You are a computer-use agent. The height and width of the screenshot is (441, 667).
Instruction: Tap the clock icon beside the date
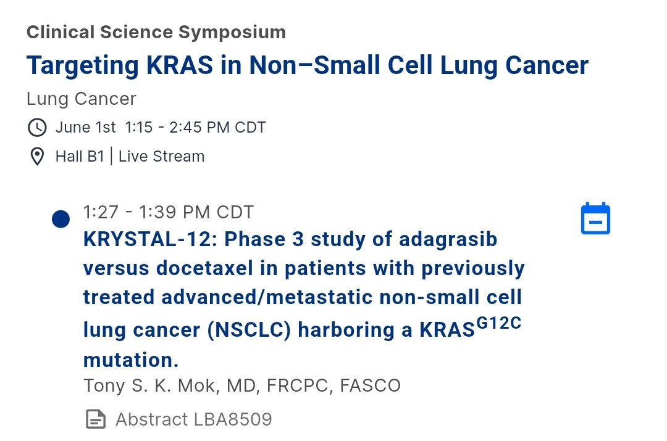click(37, 128)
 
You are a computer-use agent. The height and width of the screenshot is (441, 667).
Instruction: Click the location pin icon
click(37, 156)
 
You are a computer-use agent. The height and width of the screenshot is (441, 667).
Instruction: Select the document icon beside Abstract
click(96, 419)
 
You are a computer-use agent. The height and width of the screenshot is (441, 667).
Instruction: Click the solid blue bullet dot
click(61, 219)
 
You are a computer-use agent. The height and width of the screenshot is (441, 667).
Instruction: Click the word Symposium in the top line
click(232, 32)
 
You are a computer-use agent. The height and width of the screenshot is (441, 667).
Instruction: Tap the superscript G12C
click(498, 323)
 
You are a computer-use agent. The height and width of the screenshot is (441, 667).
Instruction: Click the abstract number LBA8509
click(233, 419)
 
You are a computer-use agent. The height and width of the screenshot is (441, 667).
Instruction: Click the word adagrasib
click(448, 240)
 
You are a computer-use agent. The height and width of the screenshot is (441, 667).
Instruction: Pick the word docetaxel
click(204, 268)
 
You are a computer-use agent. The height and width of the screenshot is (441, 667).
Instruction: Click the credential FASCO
click(370, 385)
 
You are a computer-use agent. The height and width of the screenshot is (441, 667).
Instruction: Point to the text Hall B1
click(80, 156)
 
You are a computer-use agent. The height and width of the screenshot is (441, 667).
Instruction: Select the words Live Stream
click(162, 156)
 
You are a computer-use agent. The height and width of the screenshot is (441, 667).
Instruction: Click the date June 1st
click(85, 128)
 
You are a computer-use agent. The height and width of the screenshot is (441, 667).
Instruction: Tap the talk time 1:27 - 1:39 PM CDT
click(169, 212)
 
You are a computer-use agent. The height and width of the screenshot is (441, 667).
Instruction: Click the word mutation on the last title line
click(128, 360)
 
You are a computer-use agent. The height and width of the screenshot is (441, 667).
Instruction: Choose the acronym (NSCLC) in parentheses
click(250, 330)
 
